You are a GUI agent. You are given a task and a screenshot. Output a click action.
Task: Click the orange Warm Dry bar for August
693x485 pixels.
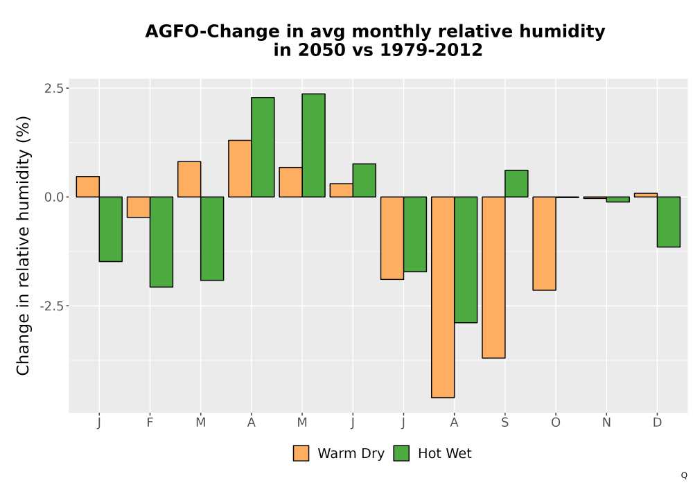point(443,297)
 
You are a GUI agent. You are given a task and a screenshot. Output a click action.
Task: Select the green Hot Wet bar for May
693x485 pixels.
point(313,145)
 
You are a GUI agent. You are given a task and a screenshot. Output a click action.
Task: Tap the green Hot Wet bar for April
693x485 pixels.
point(263,147)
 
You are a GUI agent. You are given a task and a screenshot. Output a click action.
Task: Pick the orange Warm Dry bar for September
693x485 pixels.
point(493,277)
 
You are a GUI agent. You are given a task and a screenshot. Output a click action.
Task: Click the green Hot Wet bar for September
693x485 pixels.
point(516,184)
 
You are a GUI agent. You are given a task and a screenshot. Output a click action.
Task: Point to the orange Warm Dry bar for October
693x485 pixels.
point(544,243)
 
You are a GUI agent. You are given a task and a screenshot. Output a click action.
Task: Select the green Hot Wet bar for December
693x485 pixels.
point(669,222)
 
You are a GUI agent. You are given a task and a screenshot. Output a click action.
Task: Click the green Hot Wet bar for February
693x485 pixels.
point(161,242)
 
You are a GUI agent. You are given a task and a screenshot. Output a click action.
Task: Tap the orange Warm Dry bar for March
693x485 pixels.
point(189,179)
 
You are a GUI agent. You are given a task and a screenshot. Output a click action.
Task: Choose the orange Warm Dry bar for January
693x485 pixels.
point(87,186)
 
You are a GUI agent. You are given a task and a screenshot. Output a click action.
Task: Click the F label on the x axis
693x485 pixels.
point(150,423)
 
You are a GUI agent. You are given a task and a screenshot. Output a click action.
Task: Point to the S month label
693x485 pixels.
point(505,423)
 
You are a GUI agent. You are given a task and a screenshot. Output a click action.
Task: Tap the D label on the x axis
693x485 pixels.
point(657,423)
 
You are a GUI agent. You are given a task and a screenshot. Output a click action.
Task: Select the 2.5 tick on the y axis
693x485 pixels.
point(53,88)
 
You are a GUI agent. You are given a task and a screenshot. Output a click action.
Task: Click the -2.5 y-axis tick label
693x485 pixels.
point(51,306)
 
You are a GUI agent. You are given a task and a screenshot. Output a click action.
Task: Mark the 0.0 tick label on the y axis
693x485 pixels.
point(53,197)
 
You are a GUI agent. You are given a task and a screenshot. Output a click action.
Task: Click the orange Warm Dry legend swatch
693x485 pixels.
point(301,453)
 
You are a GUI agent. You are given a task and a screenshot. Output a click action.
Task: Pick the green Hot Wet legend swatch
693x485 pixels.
point(401,453)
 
